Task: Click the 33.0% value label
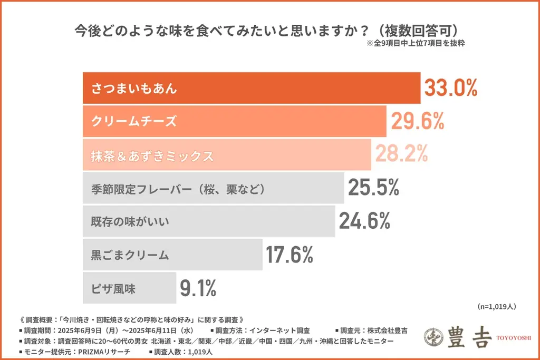coord(451,89)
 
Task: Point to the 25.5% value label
coord(373,188)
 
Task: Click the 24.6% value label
coord(364,221)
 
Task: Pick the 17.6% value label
coord(290,255)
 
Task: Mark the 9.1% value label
coord(198,288)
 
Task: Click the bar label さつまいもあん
coord(134,89)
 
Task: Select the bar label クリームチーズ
coord(134,122)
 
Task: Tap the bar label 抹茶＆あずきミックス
coord(152,155)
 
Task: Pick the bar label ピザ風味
coord(113,289)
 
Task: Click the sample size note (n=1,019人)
coord(496,306)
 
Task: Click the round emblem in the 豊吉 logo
coord(435,337)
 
